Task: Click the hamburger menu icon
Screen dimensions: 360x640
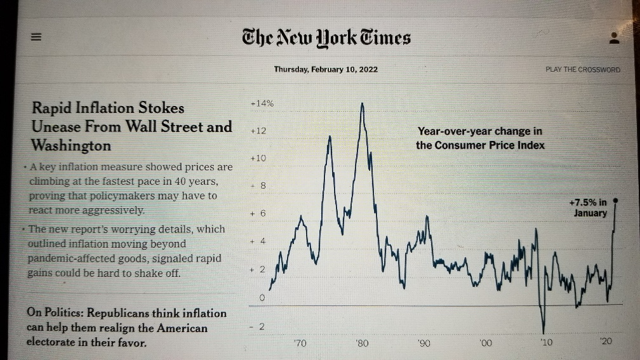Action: pos(36,37)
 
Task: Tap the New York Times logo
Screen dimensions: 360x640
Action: pos(326,37)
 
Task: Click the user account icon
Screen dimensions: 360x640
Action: pos(613,37)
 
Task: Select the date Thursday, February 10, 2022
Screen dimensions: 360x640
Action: pos(326,69)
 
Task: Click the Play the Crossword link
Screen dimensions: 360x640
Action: pos(582,69)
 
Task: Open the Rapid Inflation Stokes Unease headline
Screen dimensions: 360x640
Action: pos(132,126)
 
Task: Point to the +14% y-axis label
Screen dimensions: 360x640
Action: pos(262,103)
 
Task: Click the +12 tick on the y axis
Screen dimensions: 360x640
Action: pos(258,131)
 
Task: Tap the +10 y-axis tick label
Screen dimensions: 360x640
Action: pos(258,158)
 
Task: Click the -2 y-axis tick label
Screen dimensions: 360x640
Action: pos(259,326)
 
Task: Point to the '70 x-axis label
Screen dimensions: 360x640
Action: pos(300,343)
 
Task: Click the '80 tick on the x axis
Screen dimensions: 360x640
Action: pos(362,343)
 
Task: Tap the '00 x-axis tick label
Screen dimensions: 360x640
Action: pos(485,343)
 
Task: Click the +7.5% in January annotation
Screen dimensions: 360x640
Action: pos(588,208)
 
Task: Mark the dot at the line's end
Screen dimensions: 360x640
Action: pos(615,199)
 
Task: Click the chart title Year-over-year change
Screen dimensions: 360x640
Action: pos(480,138)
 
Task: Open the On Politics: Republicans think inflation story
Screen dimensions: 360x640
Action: pos(126,328)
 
